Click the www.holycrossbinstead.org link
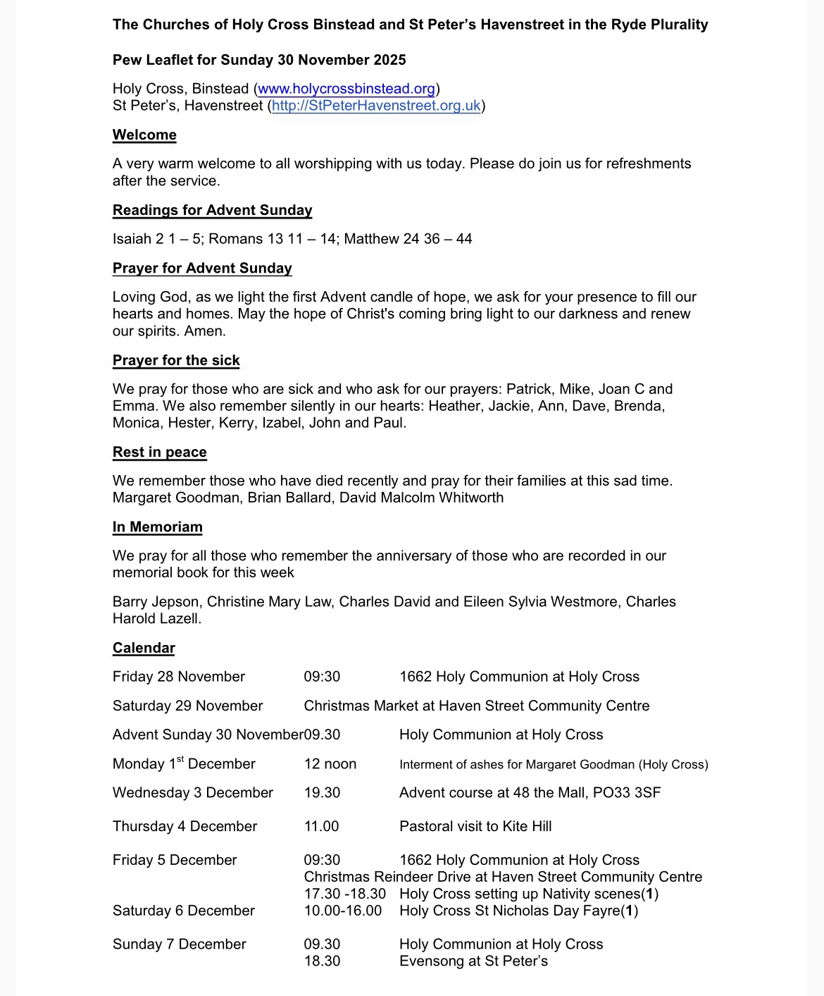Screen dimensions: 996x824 [x=347, y=89]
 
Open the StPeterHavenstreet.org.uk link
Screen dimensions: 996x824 [x=376, y=106]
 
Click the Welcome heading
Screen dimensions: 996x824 [x=144, y=135]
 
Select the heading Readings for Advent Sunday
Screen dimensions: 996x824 [x=212, y=210]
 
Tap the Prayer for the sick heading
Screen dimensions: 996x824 [x=176, y=360]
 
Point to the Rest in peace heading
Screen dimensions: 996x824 [x=160, y=452]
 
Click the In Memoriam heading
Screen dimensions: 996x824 [x=157, y=527]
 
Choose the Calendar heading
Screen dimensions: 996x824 [x=144, y=647]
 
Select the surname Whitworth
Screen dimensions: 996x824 [x=471, y=498]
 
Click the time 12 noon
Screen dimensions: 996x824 [x=330, y=764]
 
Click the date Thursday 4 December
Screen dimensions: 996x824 [x=185, y=826]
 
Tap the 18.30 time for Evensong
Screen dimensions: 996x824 [x=322, y=961]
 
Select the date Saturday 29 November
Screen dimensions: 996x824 [x=187, y=706]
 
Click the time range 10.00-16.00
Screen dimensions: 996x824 [x=343, y=911]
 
